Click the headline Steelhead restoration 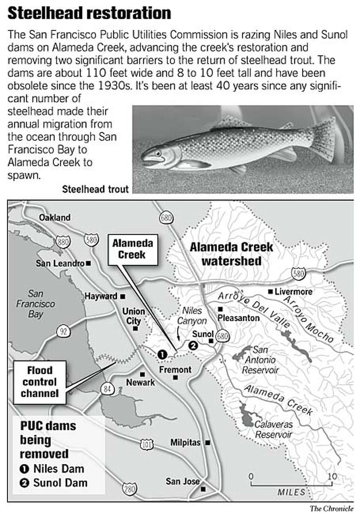(x=89, y=13)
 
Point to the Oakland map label (x=55, y=217)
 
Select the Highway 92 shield (x=63, y=332)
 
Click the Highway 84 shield (x=107, y=389)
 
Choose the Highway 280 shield (x=130, y=489)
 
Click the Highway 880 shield (x=63, y=242)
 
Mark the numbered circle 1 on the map (x=162, y=354)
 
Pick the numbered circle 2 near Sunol (x=193, y=346)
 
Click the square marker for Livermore (x=270, y=291)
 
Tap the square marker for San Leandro (x=88, y=263)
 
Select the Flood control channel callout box (x=40, y=382)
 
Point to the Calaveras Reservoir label (x=273, y=429)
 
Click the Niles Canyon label (x=192, y=315)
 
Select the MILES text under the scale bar (x=291, y=492)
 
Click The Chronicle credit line (x=331, y=509)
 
